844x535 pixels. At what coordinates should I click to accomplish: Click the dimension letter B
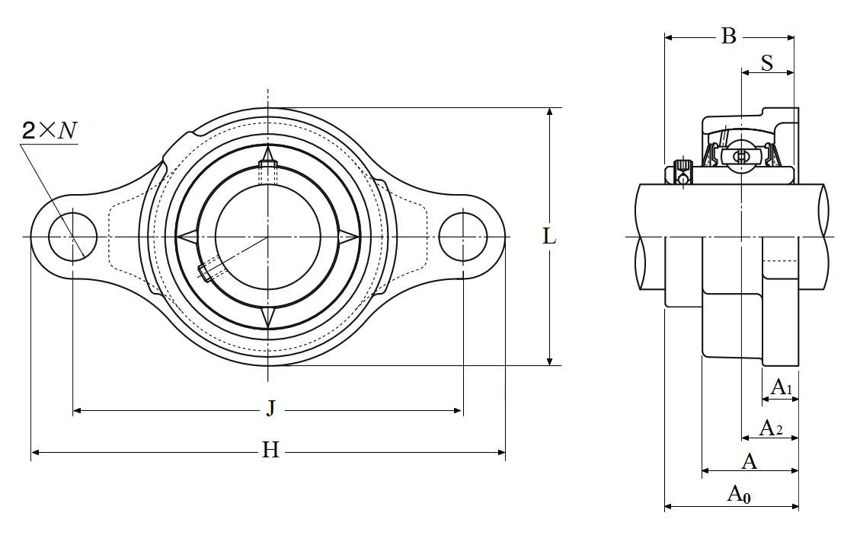728,37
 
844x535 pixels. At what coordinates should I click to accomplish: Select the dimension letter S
767,63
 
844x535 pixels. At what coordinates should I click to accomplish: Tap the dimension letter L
549,236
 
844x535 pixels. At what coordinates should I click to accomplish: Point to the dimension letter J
270,409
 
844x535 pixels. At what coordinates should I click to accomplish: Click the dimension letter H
270,450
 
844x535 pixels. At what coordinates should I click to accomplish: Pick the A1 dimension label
782,387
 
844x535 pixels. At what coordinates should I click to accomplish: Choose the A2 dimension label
771,428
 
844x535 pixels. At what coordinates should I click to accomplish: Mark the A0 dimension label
739,494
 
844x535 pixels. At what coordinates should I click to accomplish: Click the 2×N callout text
50,131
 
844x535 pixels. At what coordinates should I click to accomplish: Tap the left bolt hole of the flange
72,237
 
